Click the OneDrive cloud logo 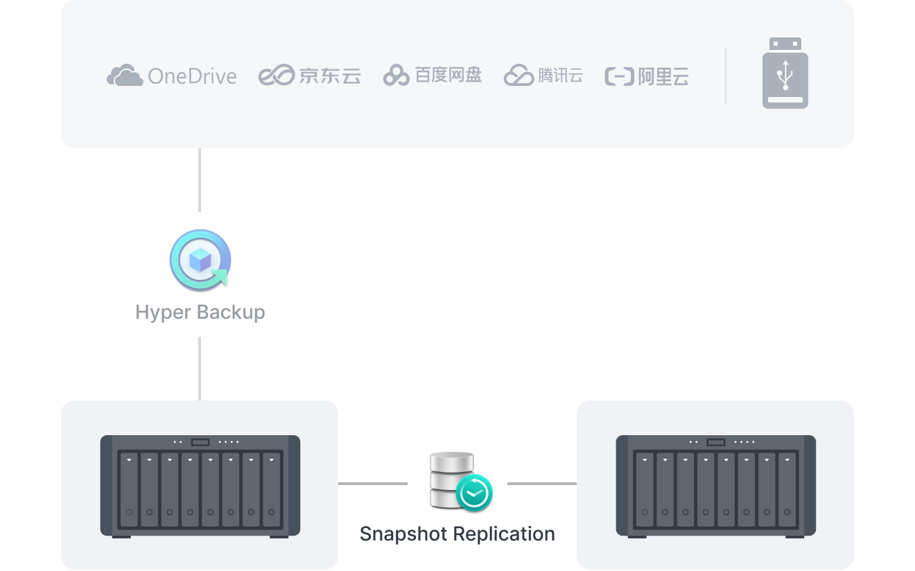point(125,75)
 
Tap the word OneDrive point(192,76)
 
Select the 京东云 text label point(330,76)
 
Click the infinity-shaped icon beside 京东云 point(276,76)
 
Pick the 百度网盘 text point(448,75)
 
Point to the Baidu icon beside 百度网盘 point(396,76)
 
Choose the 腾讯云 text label point(560,76)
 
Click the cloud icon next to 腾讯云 point(518,75)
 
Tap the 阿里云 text point(663,76)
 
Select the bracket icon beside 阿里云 point(618,76)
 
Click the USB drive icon point(785,73)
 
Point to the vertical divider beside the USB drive point(726,76)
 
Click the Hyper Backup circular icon point(200,260)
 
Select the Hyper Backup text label point(200,312)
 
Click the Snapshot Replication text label point(458,534)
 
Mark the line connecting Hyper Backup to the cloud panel point(200,179)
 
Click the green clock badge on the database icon point(474,493)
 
